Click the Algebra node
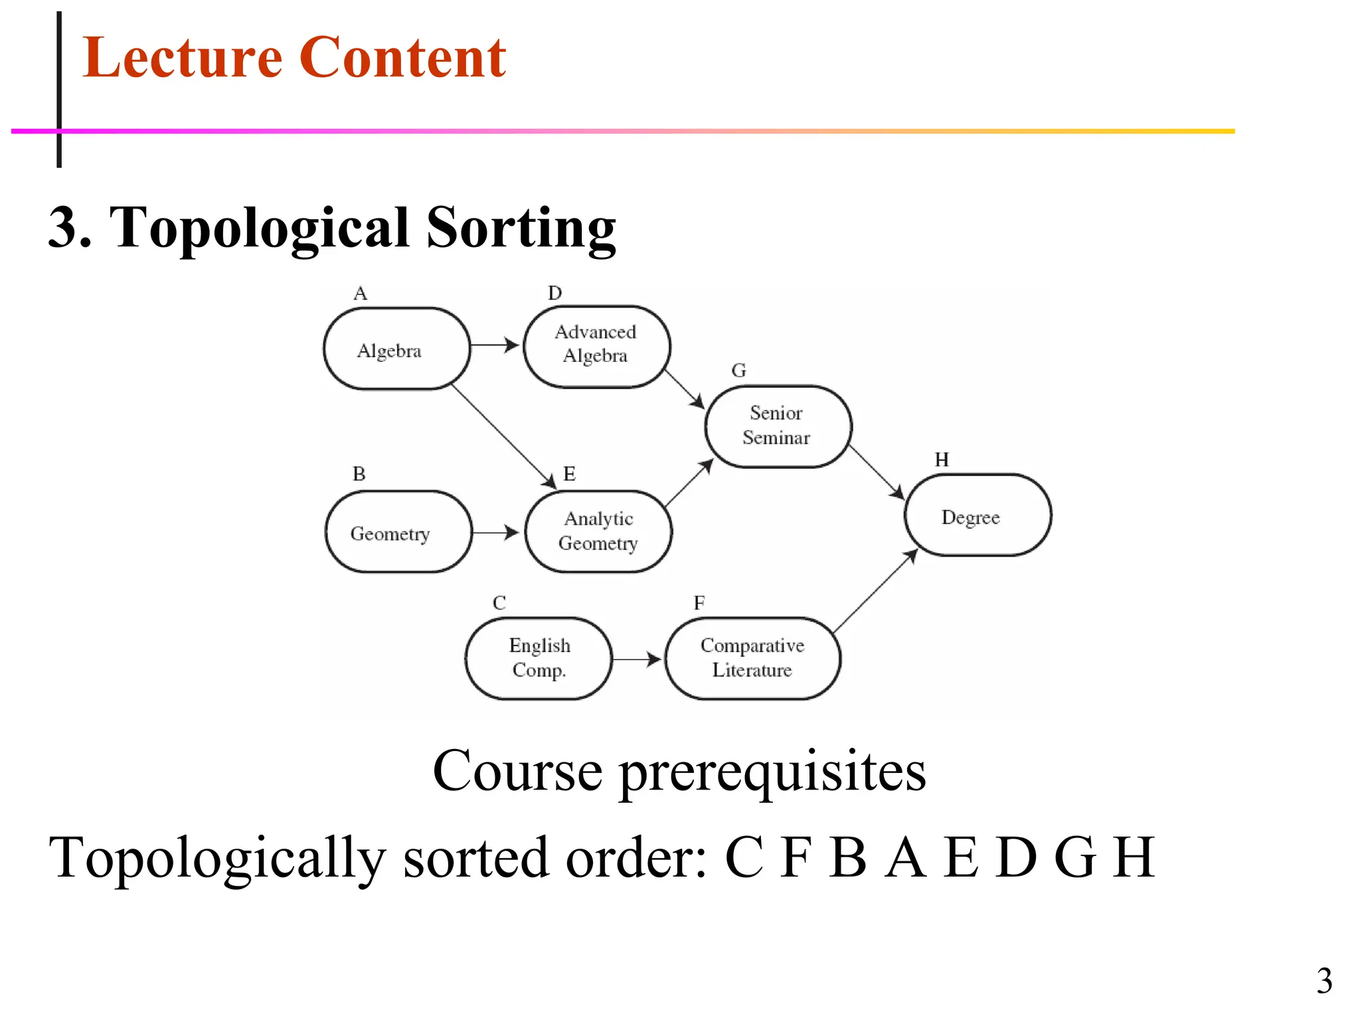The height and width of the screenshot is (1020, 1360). click(396, 349)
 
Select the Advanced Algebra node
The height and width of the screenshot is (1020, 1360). click(596, 346)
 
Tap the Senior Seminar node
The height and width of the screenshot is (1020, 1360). click(778, 426)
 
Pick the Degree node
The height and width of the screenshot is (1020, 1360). click(977, 515)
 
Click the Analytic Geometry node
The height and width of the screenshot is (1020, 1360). click(598, 531)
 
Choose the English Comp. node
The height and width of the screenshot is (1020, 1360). click(539, 658)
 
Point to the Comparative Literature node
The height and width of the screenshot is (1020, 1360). click(752, 658)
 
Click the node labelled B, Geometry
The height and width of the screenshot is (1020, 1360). click(398, 532)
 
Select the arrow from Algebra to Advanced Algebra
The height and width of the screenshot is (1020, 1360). click(495, 345)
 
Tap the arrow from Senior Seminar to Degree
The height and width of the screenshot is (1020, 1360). click(877, 472)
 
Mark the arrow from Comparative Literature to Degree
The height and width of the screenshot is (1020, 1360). click(875, 591)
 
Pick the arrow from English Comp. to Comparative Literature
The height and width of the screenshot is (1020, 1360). click(636, 659)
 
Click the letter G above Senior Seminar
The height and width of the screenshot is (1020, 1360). click(738, 371)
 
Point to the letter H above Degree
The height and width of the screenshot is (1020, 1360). click(942, 460)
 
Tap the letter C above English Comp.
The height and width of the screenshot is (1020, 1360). click(499, 603)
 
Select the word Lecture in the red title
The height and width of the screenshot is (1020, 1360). click(183, 58)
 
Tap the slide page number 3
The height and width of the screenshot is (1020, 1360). click(1324, 981)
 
